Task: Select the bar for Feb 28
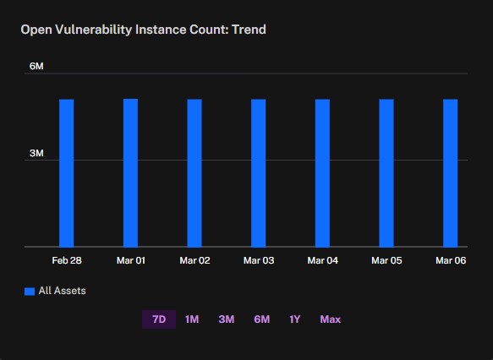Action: click(66, 173)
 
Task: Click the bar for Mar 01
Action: click(130, 172)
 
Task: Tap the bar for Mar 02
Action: click(194, 173)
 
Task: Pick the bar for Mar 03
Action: click(259, 173)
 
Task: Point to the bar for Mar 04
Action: click(322, 173)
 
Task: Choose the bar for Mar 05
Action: click(386, 173)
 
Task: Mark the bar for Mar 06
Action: click(451, 173)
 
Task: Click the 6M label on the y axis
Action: click(36, 66)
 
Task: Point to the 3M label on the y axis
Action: click(36, 153)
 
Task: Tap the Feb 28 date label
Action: click(67, 260)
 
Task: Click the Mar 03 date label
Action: click(259, 260)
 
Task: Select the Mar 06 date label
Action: click(451, 260)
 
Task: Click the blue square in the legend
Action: click(30, 292)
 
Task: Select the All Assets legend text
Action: click(63, 291)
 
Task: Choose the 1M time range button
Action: click(192, 319)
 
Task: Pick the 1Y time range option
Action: click(295, 319)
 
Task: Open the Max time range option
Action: click(331, 319)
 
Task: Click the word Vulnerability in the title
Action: click(94, 30)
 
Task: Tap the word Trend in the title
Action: click(249, 30)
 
